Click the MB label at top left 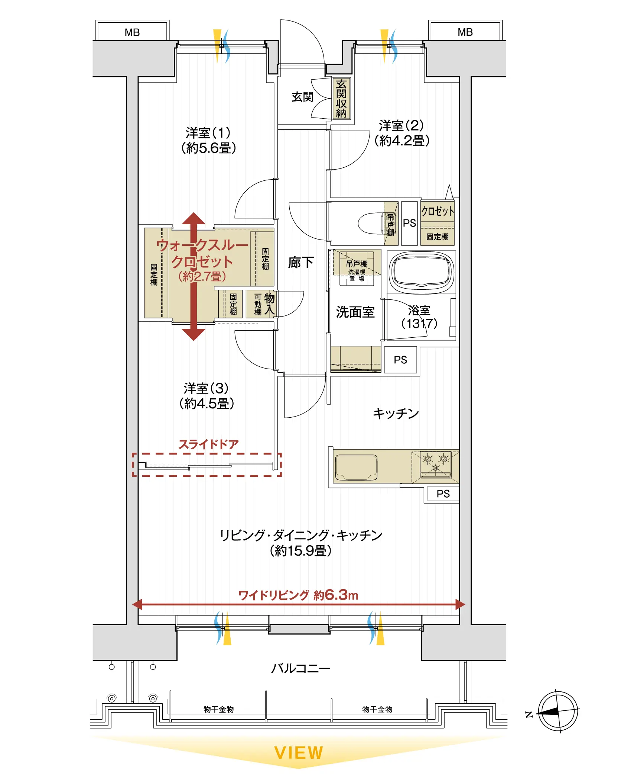tap(132, 32)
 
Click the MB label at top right tap(465, 32)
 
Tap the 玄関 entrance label tap(302, 97)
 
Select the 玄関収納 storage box tap(341, 99)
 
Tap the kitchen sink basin tap(356, 467)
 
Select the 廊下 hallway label tap(301, 262)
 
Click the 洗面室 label tap(355, 312)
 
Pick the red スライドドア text tap(208, 444)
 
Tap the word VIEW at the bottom tap(299, 753)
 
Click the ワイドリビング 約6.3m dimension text tap(298, 595)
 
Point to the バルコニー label tap(300, 669)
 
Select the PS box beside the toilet tap(409, 223)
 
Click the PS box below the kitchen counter tap(443, 494)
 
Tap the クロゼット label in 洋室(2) tap(438, 212)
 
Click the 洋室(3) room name tap(207, 388)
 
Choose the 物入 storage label tap(269, 304)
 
